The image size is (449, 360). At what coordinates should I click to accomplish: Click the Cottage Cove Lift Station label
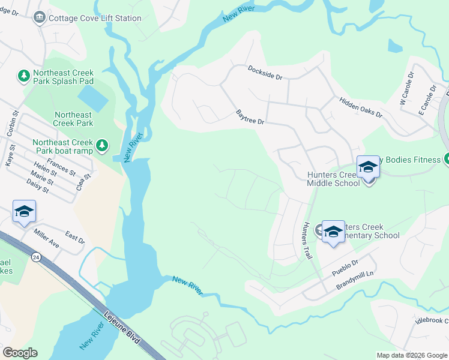95,18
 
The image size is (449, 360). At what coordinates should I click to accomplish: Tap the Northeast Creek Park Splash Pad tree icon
24,76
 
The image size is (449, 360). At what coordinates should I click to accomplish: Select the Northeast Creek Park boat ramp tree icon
102,145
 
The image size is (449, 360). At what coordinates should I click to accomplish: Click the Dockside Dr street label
265,72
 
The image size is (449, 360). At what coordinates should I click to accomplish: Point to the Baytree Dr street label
250,116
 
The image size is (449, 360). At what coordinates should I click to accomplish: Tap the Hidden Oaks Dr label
360,107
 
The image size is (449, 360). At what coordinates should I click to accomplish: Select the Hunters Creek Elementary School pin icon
333,232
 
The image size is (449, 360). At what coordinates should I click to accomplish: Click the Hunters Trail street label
307,240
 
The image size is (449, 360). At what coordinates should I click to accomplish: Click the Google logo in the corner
19,352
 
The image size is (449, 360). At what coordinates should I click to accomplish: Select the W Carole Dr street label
406,90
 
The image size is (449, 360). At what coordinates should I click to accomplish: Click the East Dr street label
75,238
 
